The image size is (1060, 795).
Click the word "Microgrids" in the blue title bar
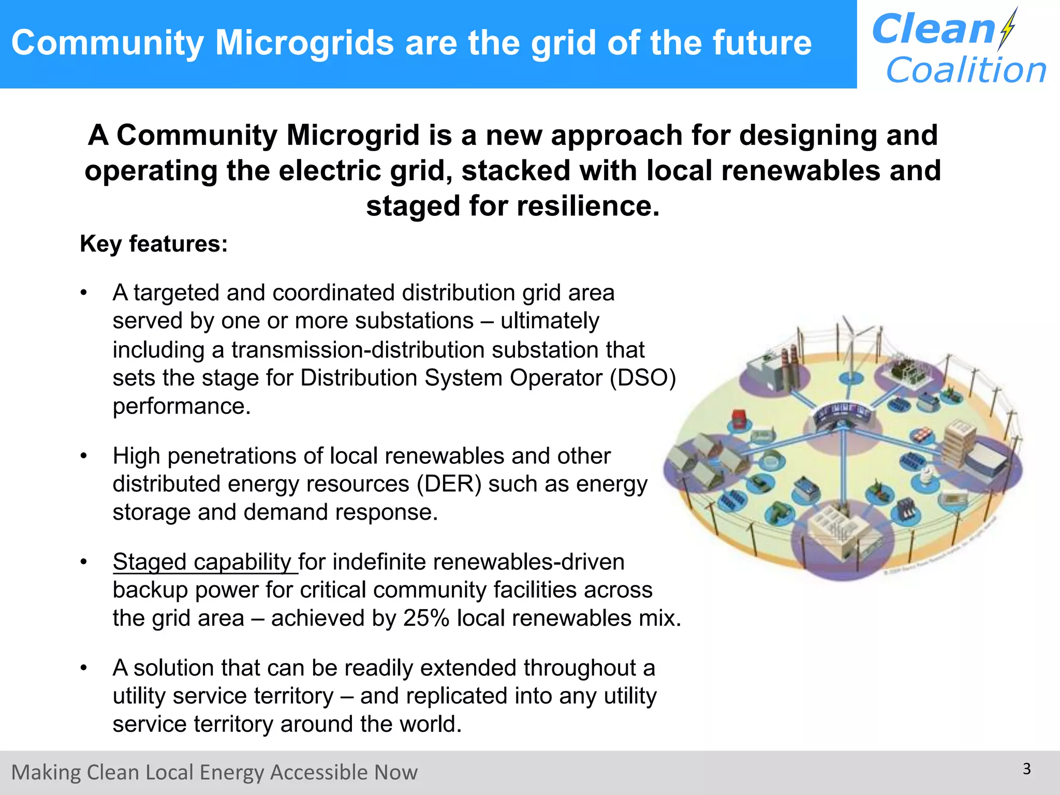point(304,42)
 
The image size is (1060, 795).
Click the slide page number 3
point(1027,769)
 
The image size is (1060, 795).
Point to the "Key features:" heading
point(154,244)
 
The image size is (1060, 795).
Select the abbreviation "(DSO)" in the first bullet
point(642,378)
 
